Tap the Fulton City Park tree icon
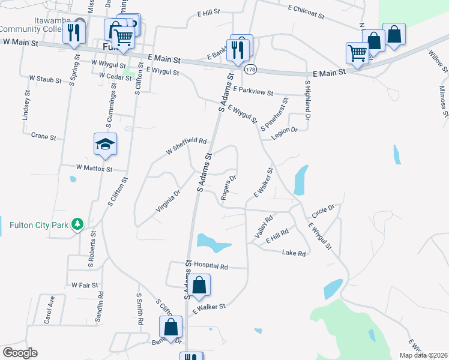coord(77,224)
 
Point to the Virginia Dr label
coord(168,201)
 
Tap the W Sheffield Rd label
coord(186,146)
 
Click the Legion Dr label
coord(284,133)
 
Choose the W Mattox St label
coord(94,169)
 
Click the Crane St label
coord(43,137)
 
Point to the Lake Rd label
coord(294,254)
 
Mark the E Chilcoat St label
coord(306,11)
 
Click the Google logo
coord(20,353)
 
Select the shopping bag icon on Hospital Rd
coord(200,285)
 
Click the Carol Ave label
coord(49,310)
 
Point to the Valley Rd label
coord(264,227)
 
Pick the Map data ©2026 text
coord(422,355)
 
